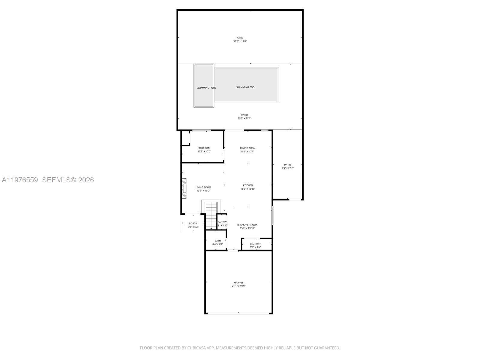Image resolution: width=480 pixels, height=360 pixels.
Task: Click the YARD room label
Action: pos(240,38)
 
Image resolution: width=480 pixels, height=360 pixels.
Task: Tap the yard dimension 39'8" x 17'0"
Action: pos(240,41)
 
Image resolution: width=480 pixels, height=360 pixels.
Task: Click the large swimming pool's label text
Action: pos(246,87)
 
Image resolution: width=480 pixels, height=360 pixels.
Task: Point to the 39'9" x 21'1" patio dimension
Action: pos(244,118)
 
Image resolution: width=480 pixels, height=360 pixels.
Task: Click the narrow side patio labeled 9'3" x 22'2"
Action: pos(287,166)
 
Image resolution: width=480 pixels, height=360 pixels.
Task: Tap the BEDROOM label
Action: pos(204,148)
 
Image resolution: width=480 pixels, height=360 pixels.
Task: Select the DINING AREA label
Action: pos(247,148)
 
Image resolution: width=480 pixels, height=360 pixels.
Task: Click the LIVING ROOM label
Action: pos(203,187)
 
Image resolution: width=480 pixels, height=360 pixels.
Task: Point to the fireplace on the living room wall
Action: pos(184,188)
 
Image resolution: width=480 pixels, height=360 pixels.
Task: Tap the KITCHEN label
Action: pos(248,185)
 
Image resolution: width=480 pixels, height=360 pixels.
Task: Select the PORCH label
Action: pos(193,223)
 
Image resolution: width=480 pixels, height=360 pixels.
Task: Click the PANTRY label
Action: pos(222,222)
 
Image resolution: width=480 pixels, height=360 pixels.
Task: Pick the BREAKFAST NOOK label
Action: pos(247,225)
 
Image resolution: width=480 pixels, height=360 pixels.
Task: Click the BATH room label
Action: pos(218,241)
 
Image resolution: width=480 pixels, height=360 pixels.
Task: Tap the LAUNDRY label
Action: pos(255,244)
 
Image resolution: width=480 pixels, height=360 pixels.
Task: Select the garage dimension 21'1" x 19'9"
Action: pos(239,286)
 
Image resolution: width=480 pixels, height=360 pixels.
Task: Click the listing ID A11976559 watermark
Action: pos(20,180)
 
